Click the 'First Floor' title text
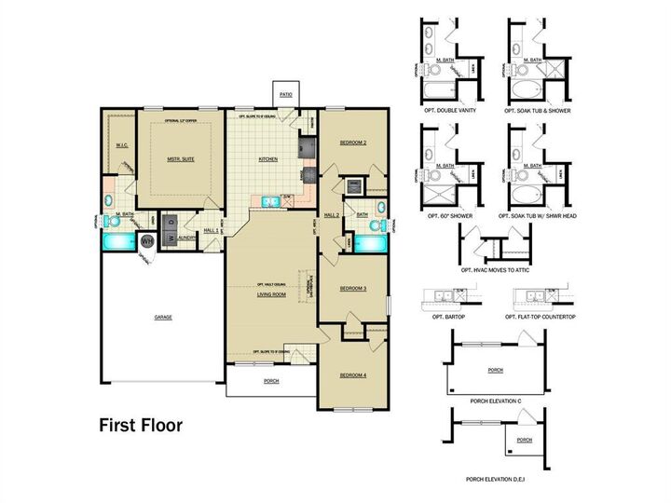tap(141, 426)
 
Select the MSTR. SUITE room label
tap(181, 160)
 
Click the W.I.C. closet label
tap(120, 145)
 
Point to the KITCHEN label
tap(268, 159)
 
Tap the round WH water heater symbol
tap(147, 241)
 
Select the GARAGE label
tap(163, 318)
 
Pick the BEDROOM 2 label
tap(352, 143)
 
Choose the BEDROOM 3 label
tap(352, 289)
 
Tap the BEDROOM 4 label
tap(351, 374)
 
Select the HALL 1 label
tap(210, 230)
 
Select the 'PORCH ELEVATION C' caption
tap(495, 401)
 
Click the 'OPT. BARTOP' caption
tap(442, 317)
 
